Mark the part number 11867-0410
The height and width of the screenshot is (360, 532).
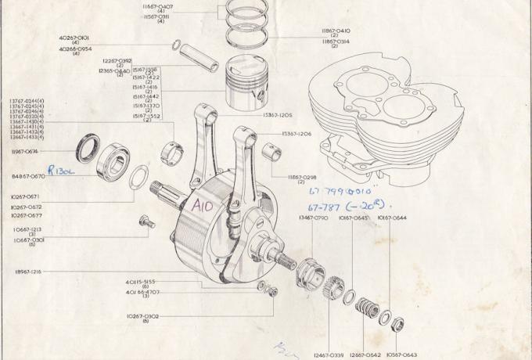[335, 31]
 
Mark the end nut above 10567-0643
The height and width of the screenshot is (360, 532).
[397, 322]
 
